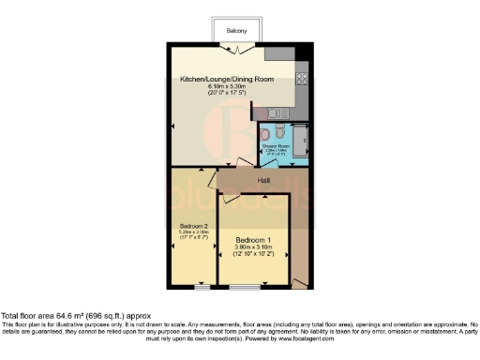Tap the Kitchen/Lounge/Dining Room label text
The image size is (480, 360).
coord(227,80)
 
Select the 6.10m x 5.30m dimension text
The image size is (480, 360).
coord(227,87)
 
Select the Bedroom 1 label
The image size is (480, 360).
coord(253,240)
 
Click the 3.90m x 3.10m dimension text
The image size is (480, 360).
coord(253,247)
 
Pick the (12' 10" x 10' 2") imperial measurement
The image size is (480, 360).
coord(253,254)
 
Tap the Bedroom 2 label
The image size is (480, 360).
coord(193,226)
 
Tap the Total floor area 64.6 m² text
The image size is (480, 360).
coord(75,317)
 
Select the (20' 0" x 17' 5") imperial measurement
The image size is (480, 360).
coord(227,94)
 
